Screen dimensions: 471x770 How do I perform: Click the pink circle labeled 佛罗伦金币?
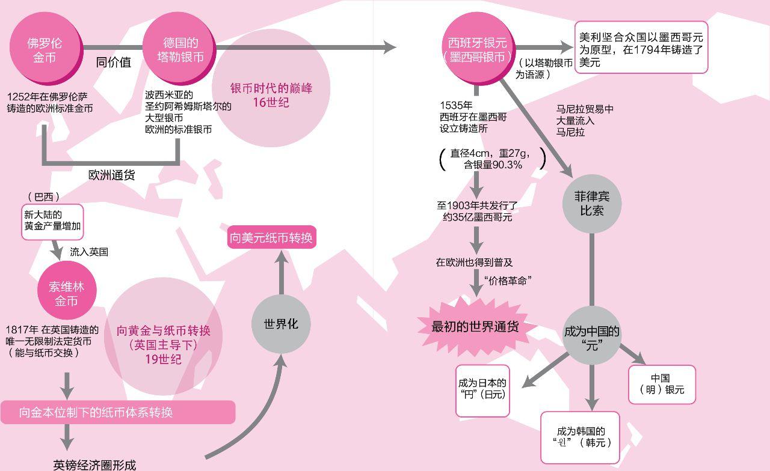click(45, 50)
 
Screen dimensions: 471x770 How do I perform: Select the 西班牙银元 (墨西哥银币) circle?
click(478, 50)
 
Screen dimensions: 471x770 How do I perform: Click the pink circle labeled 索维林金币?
click(66, 293)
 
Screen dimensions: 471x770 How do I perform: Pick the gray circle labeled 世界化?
click(280, 324)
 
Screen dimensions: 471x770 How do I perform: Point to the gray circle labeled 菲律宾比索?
click(592, 204)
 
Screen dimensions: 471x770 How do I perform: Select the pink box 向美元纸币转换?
click(271, 238)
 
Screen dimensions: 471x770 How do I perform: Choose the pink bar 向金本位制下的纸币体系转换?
click(117, 412)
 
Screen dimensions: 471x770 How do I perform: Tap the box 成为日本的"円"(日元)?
click(482, 390)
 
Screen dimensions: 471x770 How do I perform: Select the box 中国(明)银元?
click(661, 384)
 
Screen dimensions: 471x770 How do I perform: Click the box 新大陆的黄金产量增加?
click(52, 222)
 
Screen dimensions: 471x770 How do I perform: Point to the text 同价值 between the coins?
click(114, 62)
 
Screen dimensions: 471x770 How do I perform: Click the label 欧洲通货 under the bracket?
click(112, 175)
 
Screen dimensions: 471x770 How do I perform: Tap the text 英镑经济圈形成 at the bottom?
click(94, 464)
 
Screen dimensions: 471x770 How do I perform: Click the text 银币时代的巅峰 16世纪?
click(271, 95)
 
